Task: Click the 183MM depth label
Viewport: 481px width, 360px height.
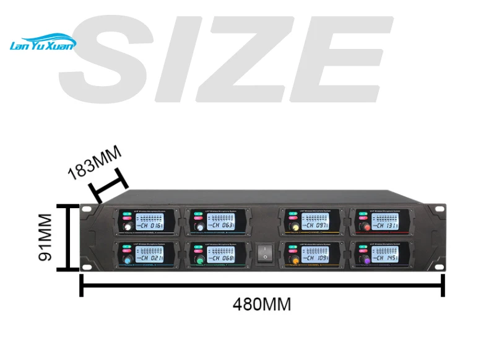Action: point(95,162)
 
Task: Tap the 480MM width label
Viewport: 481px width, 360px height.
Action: point(261,305)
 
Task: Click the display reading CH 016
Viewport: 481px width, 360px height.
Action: point(149,226)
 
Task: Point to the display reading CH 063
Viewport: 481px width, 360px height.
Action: point(220,226)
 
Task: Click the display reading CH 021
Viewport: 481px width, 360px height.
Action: point(149,257)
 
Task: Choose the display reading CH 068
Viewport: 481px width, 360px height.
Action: point(220,257)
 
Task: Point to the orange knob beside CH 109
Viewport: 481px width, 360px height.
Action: point(295,261)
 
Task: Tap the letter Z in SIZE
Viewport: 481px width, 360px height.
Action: point(254,59)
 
